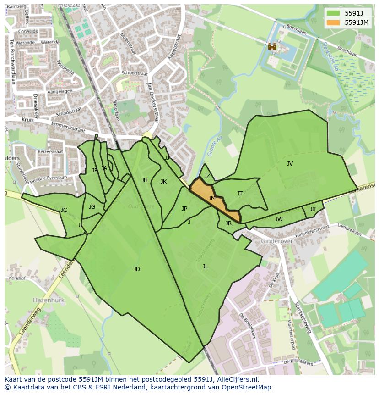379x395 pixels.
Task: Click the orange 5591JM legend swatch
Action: pos(333,22)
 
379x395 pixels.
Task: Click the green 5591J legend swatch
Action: pos(333,13)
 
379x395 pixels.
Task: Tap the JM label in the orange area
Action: pos(212,198)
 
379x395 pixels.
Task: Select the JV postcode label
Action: pos(290,164)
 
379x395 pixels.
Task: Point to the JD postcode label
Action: pos(136,269)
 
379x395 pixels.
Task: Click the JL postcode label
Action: pos(206,267)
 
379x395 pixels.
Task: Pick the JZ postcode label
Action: pos(207,176)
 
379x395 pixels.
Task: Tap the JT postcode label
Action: pos(240,194)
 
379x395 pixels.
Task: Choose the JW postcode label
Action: pos(279,219)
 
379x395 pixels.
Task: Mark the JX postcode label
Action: pos(313,209)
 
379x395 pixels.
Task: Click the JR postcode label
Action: pos(228,224)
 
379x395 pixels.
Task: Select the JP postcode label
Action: pos(184,209)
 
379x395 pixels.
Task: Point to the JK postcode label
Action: pos(163,182)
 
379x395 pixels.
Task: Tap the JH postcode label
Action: pos(145,180)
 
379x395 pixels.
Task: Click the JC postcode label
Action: pos(64,211)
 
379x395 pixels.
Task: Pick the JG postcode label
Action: pos(92,207)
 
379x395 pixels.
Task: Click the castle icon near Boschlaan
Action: pos(272,46)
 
